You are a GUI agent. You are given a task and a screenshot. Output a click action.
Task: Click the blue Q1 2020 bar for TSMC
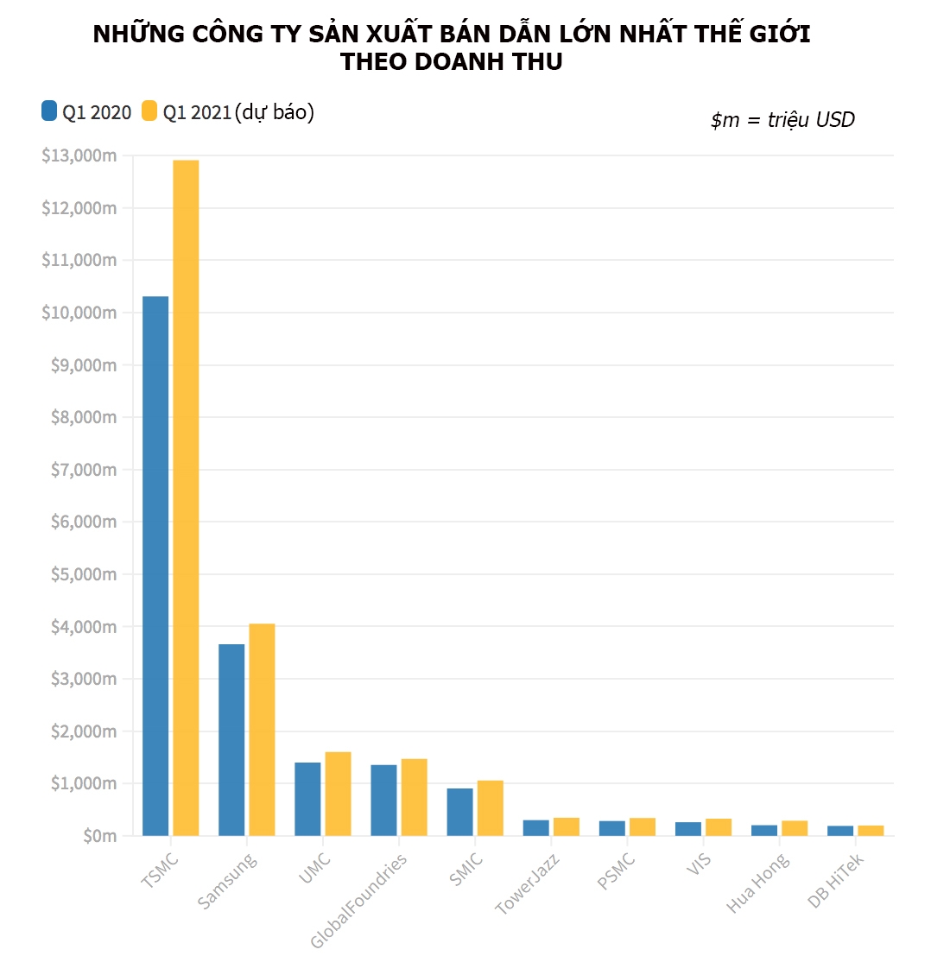(155, 566)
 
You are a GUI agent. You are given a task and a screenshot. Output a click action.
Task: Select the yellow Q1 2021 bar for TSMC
(186, 497)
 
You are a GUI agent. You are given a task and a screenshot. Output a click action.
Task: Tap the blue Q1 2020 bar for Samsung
(231, 739)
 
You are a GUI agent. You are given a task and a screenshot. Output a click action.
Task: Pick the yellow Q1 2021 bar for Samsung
(262, 730)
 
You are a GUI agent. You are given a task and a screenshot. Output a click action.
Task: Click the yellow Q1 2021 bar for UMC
(338, 794)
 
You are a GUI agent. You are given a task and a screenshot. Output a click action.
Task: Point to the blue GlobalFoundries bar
(383, 800)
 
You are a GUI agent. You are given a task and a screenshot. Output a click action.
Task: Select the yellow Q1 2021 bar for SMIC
(490, 807)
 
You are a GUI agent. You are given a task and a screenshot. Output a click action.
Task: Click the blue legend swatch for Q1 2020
(49, 111)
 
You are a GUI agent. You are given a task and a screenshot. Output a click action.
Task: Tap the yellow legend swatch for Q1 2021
(149, 111)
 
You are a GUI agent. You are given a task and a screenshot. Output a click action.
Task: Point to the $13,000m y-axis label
(79, 155)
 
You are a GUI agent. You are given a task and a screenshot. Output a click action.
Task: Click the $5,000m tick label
(79, 574)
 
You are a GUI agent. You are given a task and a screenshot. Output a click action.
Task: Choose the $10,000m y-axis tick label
(79, 313)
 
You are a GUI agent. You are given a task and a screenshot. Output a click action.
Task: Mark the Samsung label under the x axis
(226, 881)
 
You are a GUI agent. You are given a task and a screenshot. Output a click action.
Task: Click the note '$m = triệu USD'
(782, 120)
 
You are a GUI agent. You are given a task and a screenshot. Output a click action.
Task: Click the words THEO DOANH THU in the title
(452, 62)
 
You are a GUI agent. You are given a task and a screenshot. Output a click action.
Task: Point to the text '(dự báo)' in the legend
(274, 112)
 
